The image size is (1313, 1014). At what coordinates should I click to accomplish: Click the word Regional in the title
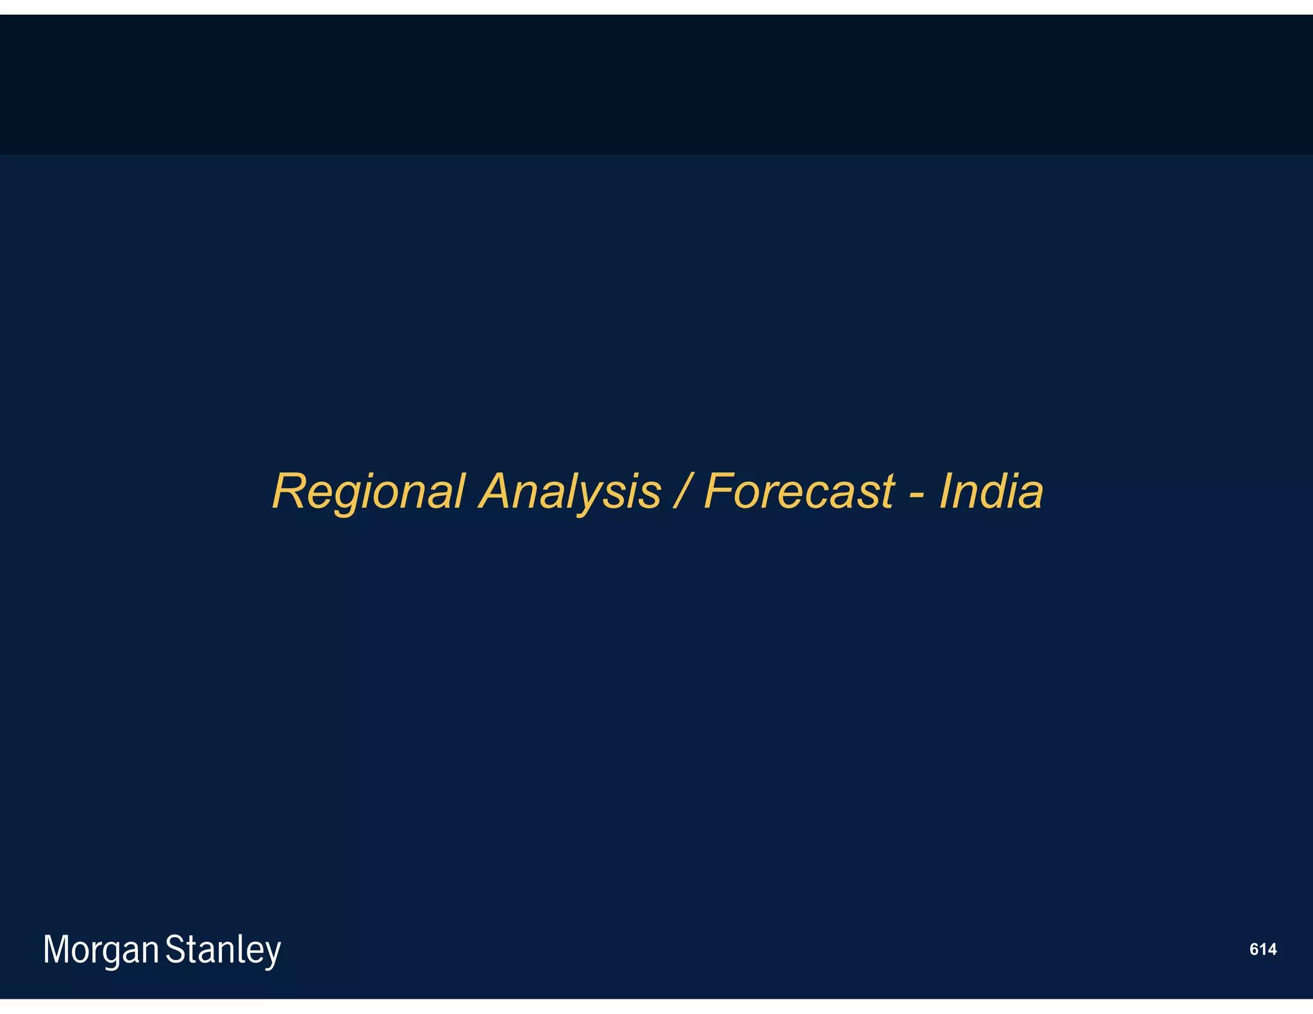367,492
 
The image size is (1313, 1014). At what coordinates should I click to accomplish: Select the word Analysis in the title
570,492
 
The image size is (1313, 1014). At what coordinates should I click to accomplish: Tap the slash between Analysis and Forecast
682,492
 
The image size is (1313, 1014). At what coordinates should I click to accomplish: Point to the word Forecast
799,492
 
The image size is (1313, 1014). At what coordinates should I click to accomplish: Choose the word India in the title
991,492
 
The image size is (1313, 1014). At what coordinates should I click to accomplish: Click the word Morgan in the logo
101,950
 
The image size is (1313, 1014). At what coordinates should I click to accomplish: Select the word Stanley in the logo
223,950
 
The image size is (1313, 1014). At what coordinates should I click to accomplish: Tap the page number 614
1263,949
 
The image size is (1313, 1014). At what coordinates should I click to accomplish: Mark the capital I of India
945,492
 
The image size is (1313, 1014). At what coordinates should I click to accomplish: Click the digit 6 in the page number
1255,949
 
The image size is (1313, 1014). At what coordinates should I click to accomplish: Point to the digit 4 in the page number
1272,949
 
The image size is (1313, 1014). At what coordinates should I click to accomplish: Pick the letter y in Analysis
607,497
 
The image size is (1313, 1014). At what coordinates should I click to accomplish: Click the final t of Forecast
887,492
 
